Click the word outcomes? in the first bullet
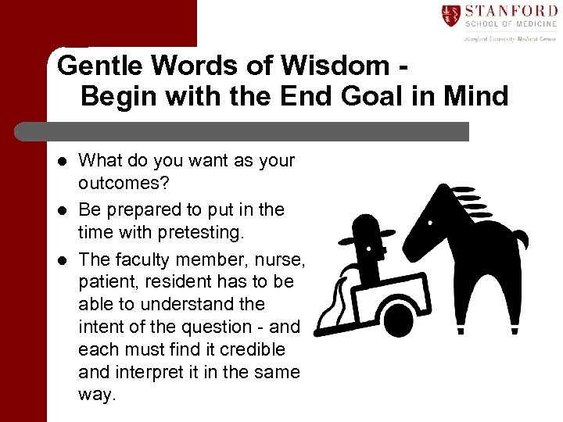coord(120,184)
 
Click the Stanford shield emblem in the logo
coord(450,14)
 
